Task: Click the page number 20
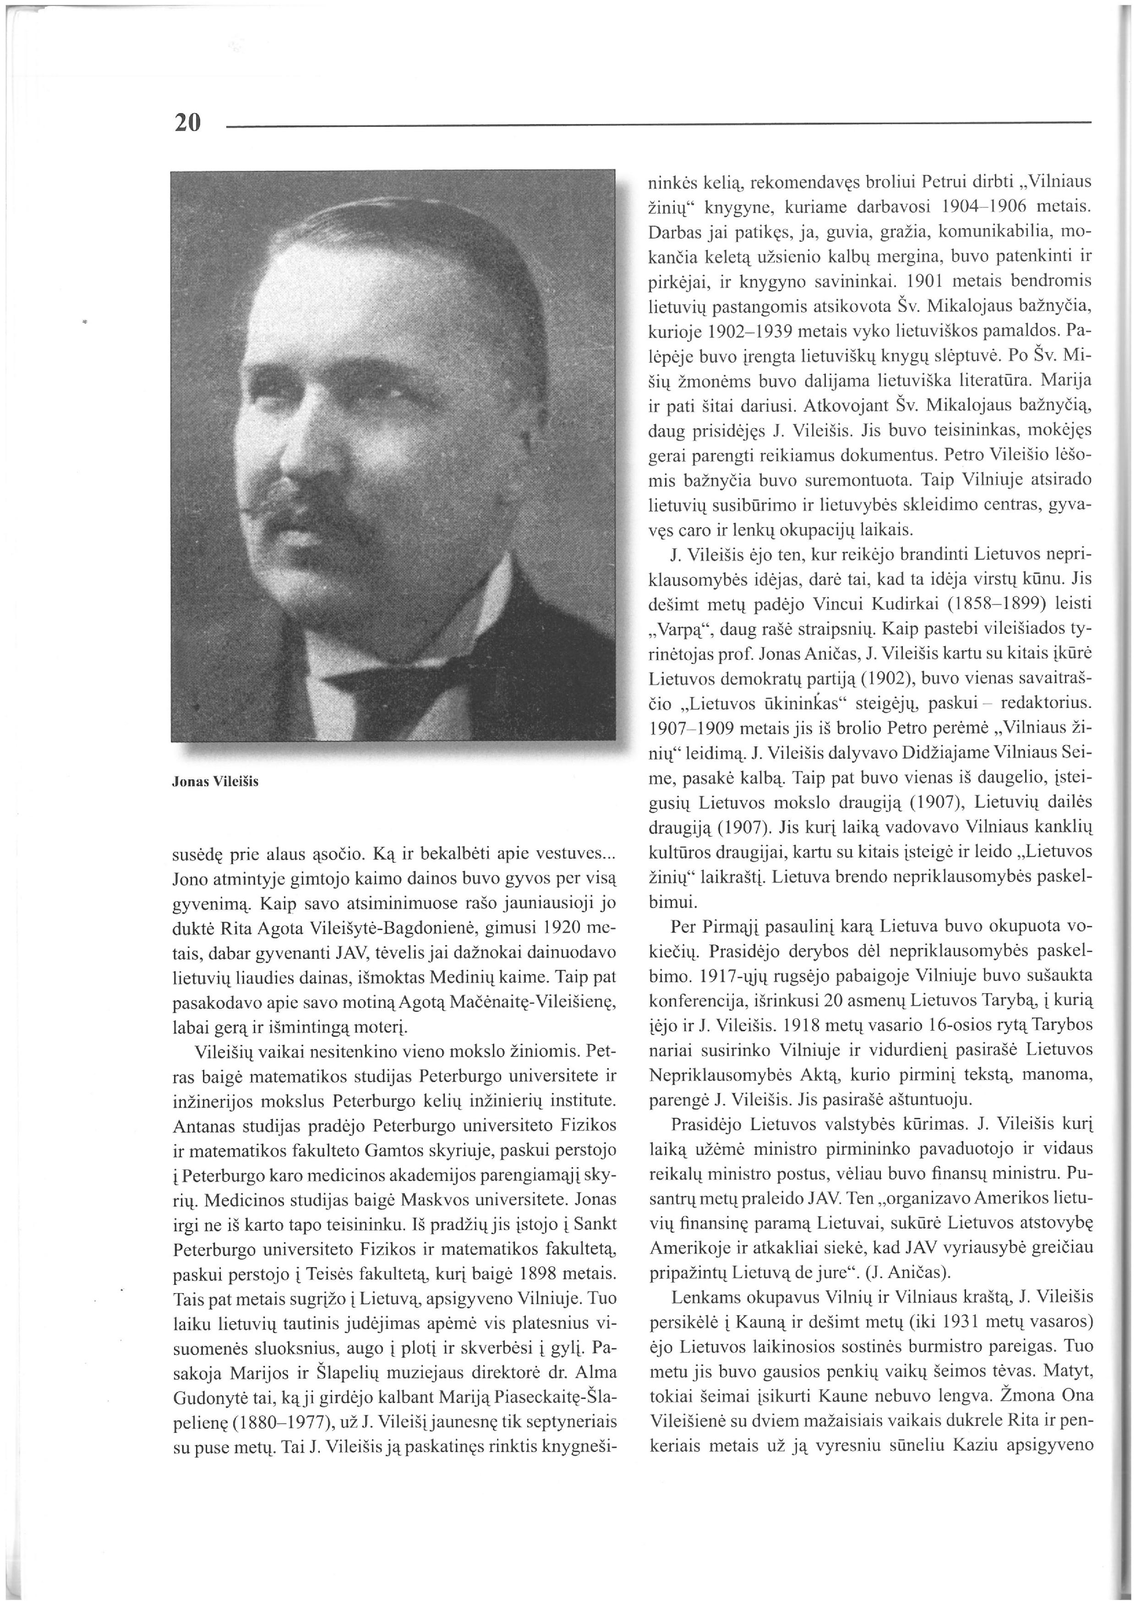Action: pyautogui.click(x=187, y=123)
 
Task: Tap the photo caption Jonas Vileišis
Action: pyautogui.click(x=215, y=782)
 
